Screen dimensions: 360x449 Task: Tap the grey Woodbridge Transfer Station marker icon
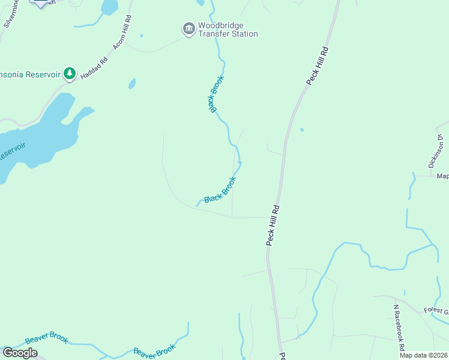tap(188, 28)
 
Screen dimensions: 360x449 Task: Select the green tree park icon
tap(70, 73)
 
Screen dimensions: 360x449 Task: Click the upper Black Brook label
tap(216, 94)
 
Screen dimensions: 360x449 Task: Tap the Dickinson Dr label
tap(436, 150)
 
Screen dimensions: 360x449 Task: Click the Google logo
tap(20, 353)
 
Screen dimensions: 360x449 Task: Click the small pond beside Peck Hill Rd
tap(301, 130)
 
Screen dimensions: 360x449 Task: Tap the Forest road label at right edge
tap(436, 310)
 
